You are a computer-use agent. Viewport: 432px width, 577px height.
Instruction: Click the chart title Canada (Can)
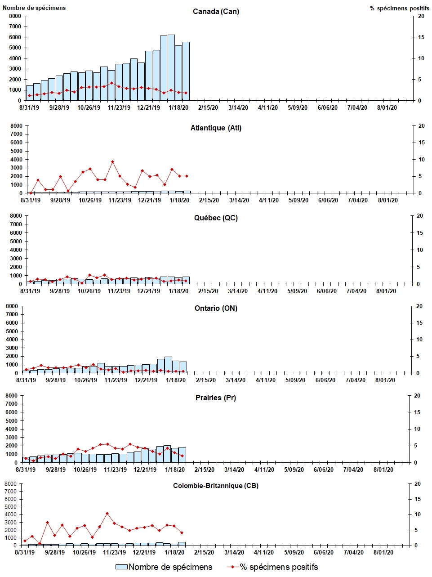coord(216,11)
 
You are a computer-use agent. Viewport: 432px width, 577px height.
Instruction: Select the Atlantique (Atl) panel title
coord(216,128)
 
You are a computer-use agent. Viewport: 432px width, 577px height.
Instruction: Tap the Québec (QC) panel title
coord(216,218)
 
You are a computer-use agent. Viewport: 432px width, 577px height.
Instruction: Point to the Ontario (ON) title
coord(216,308)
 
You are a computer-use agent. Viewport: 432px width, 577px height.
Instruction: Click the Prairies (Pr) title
coord(216,398)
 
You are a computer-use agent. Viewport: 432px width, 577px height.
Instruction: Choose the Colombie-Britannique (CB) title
coord(216,486)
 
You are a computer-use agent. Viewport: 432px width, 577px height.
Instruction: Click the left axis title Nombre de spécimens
coord(34,8)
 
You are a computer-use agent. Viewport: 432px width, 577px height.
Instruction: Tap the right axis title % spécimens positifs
coord(396,8)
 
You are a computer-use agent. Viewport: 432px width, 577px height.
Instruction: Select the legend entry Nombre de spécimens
coord(164,567)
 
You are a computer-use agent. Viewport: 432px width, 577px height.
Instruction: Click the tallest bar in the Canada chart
coord(171,67)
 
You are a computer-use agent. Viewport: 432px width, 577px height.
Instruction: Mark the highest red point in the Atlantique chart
coord(112,161)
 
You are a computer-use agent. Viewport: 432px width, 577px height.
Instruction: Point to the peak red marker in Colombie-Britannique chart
coord(107,513)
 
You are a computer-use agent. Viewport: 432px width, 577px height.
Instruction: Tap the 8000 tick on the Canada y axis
coord(15,16)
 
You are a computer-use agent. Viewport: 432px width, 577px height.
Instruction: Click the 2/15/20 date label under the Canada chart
coord(208,107)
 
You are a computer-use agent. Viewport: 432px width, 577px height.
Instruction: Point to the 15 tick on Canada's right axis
coord(421,37)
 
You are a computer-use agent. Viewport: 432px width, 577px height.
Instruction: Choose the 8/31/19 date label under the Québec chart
coord(30,291)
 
